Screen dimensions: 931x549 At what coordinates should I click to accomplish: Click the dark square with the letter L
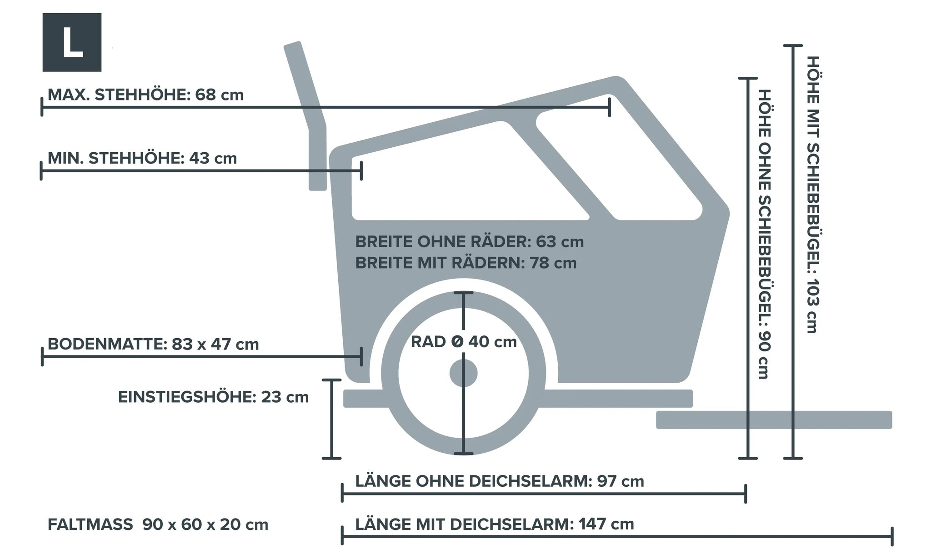point(72,42)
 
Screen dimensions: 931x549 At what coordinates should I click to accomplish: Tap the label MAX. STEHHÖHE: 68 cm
point(145,95)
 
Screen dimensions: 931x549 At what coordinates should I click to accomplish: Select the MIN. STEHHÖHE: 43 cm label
point(142,158)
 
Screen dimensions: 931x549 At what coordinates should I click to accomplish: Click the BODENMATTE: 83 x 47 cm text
point(153,344)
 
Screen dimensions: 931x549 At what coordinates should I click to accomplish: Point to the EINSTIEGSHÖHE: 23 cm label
point(213,397)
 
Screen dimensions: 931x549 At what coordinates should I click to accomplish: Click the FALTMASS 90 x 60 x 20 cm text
point(158,524)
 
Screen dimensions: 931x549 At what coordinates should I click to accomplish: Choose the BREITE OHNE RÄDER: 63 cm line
point(469,241)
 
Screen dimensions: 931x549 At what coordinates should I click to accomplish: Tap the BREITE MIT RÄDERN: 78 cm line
point(465,263)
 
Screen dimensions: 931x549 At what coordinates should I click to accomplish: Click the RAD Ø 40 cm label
point(464,342)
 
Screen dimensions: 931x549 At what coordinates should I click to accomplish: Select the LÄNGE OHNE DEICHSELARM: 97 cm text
point(500,481)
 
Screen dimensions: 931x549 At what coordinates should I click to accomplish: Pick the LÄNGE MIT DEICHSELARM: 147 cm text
point(494,524)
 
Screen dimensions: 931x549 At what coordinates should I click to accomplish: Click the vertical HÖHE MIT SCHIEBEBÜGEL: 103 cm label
point(812,195)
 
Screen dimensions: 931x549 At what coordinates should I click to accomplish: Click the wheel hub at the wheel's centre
point(464,373)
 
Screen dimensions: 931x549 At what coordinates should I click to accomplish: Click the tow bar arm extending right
point(774,419)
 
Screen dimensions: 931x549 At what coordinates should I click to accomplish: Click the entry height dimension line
point(331,419)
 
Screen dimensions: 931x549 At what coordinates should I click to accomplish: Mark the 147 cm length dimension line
point(617,537)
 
